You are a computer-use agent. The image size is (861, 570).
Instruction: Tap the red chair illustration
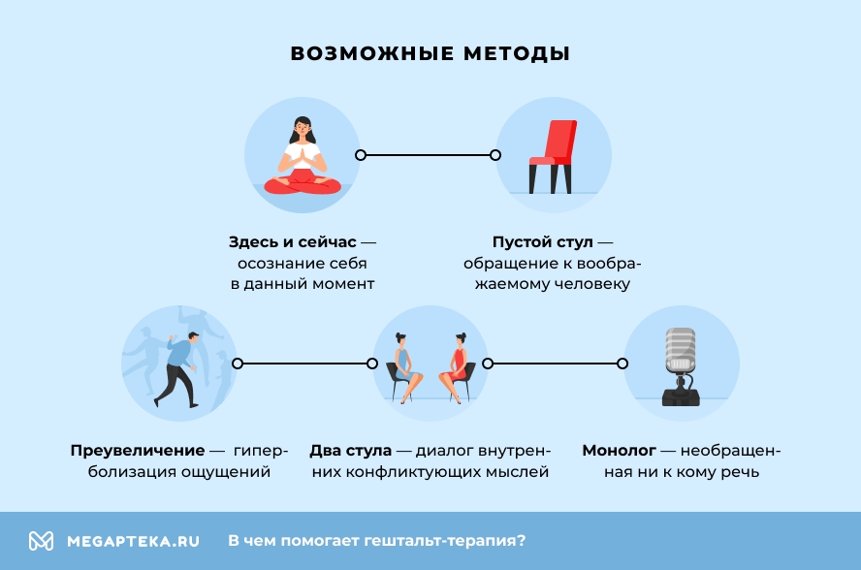pos(553,155)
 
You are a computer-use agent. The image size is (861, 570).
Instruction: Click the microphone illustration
pos(680,364)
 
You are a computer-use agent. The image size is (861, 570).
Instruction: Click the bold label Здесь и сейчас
pos(293,241)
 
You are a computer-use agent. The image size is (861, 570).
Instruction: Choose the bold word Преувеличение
pos(137,451)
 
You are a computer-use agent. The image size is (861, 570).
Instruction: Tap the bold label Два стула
pos(350,451)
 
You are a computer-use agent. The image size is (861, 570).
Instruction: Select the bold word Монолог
pos(619,451)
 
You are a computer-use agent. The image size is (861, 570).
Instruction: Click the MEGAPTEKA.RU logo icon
pos(41,541)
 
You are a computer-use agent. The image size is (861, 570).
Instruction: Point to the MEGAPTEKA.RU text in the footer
pos(133,541)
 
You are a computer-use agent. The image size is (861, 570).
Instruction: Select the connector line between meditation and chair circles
pos(428,155)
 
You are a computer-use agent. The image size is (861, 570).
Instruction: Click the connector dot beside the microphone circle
pos(622,364)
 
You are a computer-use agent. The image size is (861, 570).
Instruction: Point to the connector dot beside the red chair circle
pos(495,155)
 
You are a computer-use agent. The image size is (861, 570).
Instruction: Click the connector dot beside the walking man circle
pos(238,364)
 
